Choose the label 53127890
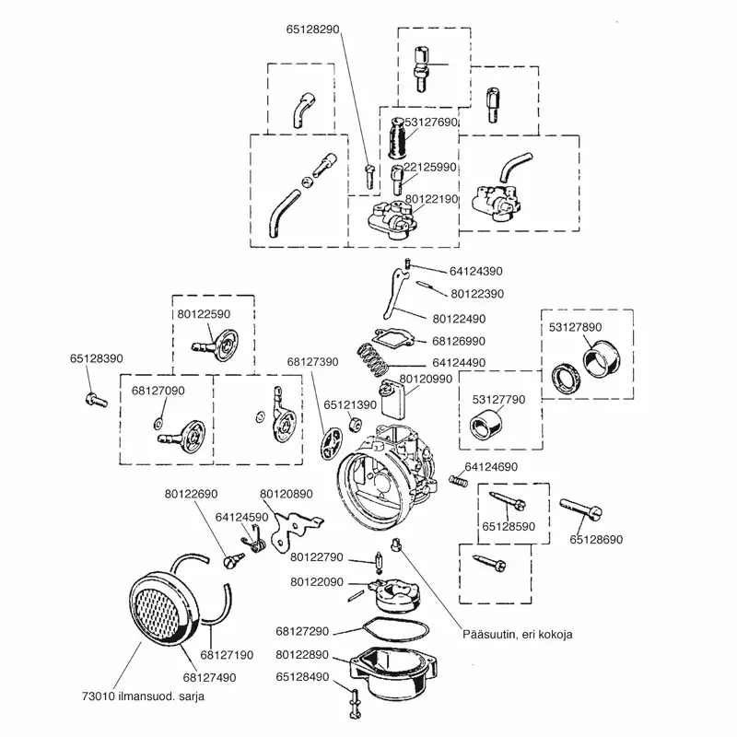(576, 327)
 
